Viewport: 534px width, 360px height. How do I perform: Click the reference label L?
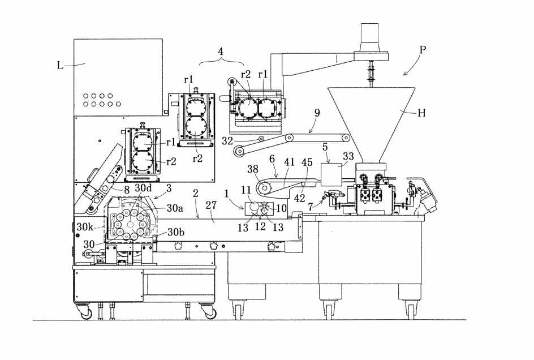[60, 65]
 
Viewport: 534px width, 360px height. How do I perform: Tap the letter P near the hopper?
[423, 50]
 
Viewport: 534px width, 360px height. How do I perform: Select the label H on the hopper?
[421, 113]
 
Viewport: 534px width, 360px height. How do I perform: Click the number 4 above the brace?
[221, 52]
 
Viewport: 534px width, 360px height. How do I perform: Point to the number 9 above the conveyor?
[317, 113]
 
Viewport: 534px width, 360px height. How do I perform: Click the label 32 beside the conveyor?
[227, 140]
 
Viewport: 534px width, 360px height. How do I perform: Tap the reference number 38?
[253, 169]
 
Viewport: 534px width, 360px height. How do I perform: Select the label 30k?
[85, 227]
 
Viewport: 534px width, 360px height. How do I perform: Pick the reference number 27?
[211, 205]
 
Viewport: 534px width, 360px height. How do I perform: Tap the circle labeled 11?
[254, 206]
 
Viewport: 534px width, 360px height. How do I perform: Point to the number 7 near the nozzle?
[310, 207]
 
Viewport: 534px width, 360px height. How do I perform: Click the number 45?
[307, 162]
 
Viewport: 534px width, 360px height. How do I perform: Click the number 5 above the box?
[325, 147]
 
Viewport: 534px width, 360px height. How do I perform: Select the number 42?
[300, 198]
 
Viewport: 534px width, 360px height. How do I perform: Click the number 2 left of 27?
[195, 194]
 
